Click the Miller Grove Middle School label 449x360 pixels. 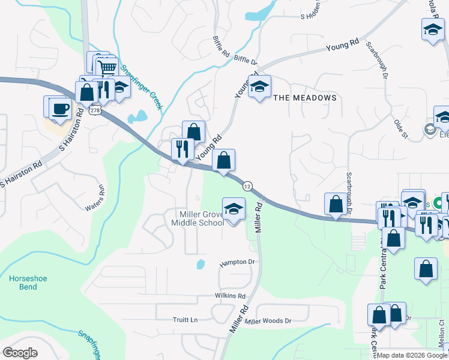tap(197, 218)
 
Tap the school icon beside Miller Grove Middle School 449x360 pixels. tap(234, 209)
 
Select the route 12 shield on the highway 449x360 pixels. tap(247, 187)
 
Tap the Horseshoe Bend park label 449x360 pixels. tap(23, 283)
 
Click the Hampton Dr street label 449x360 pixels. tap(237, 263)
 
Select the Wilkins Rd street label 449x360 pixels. tap(230, 296)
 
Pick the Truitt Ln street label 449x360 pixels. tap(185, 320)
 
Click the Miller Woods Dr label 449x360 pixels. tap(268, 321)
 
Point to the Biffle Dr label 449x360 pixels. tap(246, 60)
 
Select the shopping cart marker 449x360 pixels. tap(107, 67)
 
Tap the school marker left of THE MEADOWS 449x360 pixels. tap(259, 88)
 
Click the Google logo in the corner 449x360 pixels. tap(20, 353)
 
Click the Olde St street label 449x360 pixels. tap(401, 129)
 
